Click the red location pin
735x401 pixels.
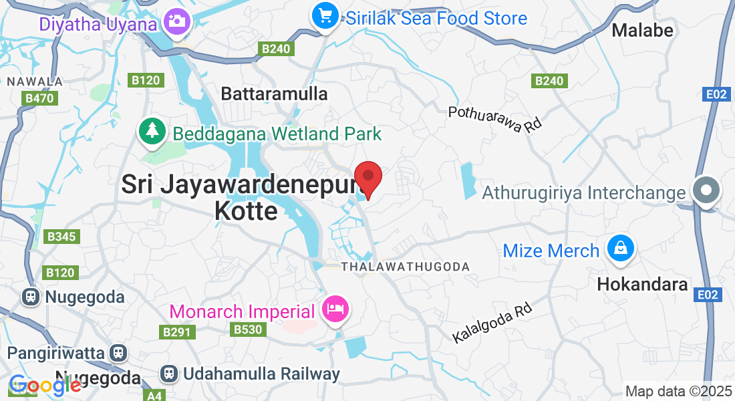[x=367, y=178]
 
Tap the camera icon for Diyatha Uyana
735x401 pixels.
[x=177, y=21]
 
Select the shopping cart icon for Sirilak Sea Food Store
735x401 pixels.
[x=325, y=15]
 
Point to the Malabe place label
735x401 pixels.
[x=642, y=30]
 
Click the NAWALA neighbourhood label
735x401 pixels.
[x=35, y=82]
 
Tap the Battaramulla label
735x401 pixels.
[x=274, y=94]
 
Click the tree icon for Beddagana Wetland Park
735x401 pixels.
[x=153, y=130]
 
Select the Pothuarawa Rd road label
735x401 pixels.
[x=494, y=119]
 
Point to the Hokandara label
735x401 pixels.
[x=642, y=284]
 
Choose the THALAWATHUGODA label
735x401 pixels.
[x=405, y=267]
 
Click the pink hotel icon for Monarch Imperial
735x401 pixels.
[x=333, y=309]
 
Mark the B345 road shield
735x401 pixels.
[x=61, y=237]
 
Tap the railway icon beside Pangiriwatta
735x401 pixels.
[x=118, y=352]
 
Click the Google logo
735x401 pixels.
[x=45, y=386]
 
